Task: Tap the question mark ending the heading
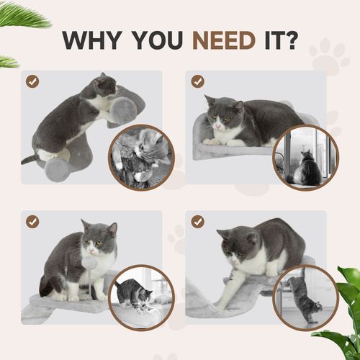(290, 40)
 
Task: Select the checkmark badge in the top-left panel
(32, 81)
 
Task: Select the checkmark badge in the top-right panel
(197, 81)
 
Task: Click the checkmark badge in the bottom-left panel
(32, 222)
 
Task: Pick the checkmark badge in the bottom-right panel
(197, 222)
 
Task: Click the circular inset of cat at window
(305, 158)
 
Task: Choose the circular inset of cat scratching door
(305, 297)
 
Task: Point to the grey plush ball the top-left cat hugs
(123, 109)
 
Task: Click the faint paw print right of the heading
(330, 58)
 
